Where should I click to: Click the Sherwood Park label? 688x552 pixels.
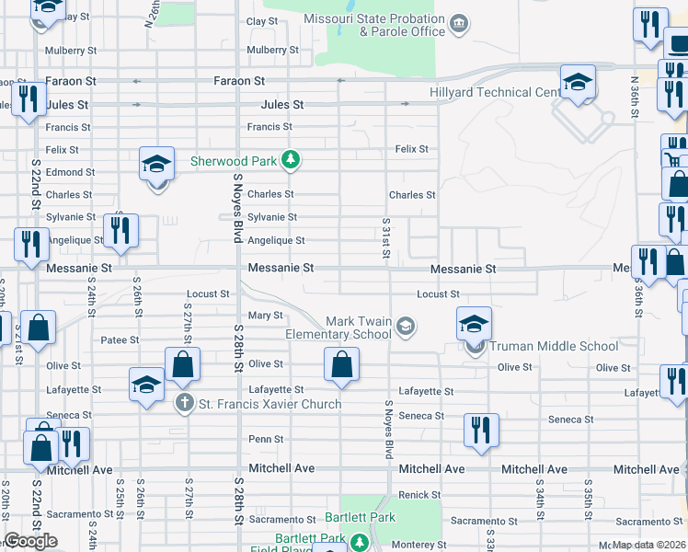[x=233, y=161]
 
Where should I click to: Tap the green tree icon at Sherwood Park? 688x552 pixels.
[x=292, y=161]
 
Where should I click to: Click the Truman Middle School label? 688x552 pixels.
[x=554, y=347]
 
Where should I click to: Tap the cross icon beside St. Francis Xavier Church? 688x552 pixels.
[x=184, y=403]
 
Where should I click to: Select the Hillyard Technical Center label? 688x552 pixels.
[x=494, y=92]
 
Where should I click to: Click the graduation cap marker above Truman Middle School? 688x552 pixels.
[x=475, y=324]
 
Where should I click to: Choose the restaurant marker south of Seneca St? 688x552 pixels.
[x=481, y=430]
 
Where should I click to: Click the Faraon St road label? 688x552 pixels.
[x=239, y=81]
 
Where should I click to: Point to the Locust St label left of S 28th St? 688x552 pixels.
[x=207, y=294]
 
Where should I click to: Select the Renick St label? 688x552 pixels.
[x=419, y=495]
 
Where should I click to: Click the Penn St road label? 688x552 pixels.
[x=266, y=440]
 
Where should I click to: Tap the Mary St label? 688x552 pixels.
[x=265, y=316]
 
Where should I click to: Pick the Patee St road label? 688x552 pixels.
[x=120, y=340]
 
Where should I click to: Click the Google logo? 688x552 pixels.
[x=30, y=541]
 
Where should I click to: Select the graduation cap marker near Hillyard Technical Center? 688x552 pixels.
[x=577, y=82]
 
